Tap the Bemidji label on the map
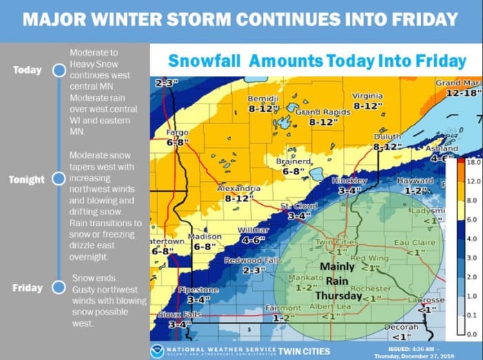(x=263, y=99)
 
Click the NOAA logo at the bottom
(x=157, y=351)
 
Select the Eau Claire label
(x=413, y=243)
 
